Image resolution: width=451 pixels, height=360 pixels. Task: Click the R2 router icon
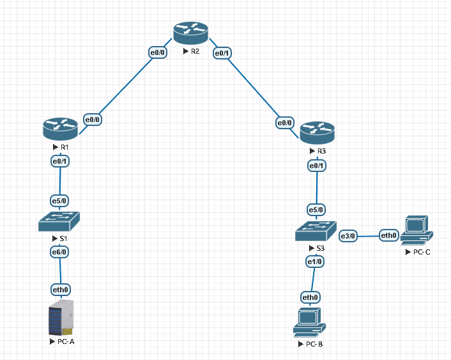(190, 33)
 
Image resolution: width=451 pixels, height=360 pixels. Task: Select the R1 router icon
(60, 129)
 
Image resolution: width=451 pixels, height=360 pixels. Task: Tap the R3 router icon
(317, 133)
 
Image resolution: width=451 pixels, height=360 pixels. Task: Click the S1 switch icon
(59, 222)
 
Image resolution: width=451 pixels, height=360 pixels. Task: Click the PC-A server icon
(61, 318)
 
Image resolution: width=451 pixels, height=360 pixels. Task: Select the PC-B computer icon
(310, 322)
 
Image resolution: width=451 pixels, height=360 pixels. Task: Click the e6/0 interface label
(59, 253)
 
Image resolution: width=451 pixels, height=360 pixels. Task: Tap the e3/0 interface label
(348, 236)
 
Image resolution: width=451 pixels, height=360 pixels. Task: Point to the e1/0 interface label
(315, 262)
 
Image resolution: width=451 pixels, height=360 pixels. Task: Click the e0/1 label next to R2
(222, 53)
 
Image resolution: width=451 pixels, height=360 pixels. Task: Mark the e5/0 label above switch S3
(316, 209)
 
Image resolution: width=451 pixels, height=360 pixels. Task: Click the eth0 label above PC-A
(60, 290)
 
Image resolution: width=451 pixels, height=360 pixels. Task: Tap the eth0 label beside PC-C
(389, 236)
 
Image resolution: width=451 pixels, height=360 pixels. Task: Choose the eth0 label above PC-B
(310, 297)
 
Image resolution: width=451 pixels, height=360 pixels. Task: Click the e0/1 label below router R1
(60, 161)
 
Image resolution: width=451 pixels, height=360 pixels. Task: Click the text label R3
(321, 152)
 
